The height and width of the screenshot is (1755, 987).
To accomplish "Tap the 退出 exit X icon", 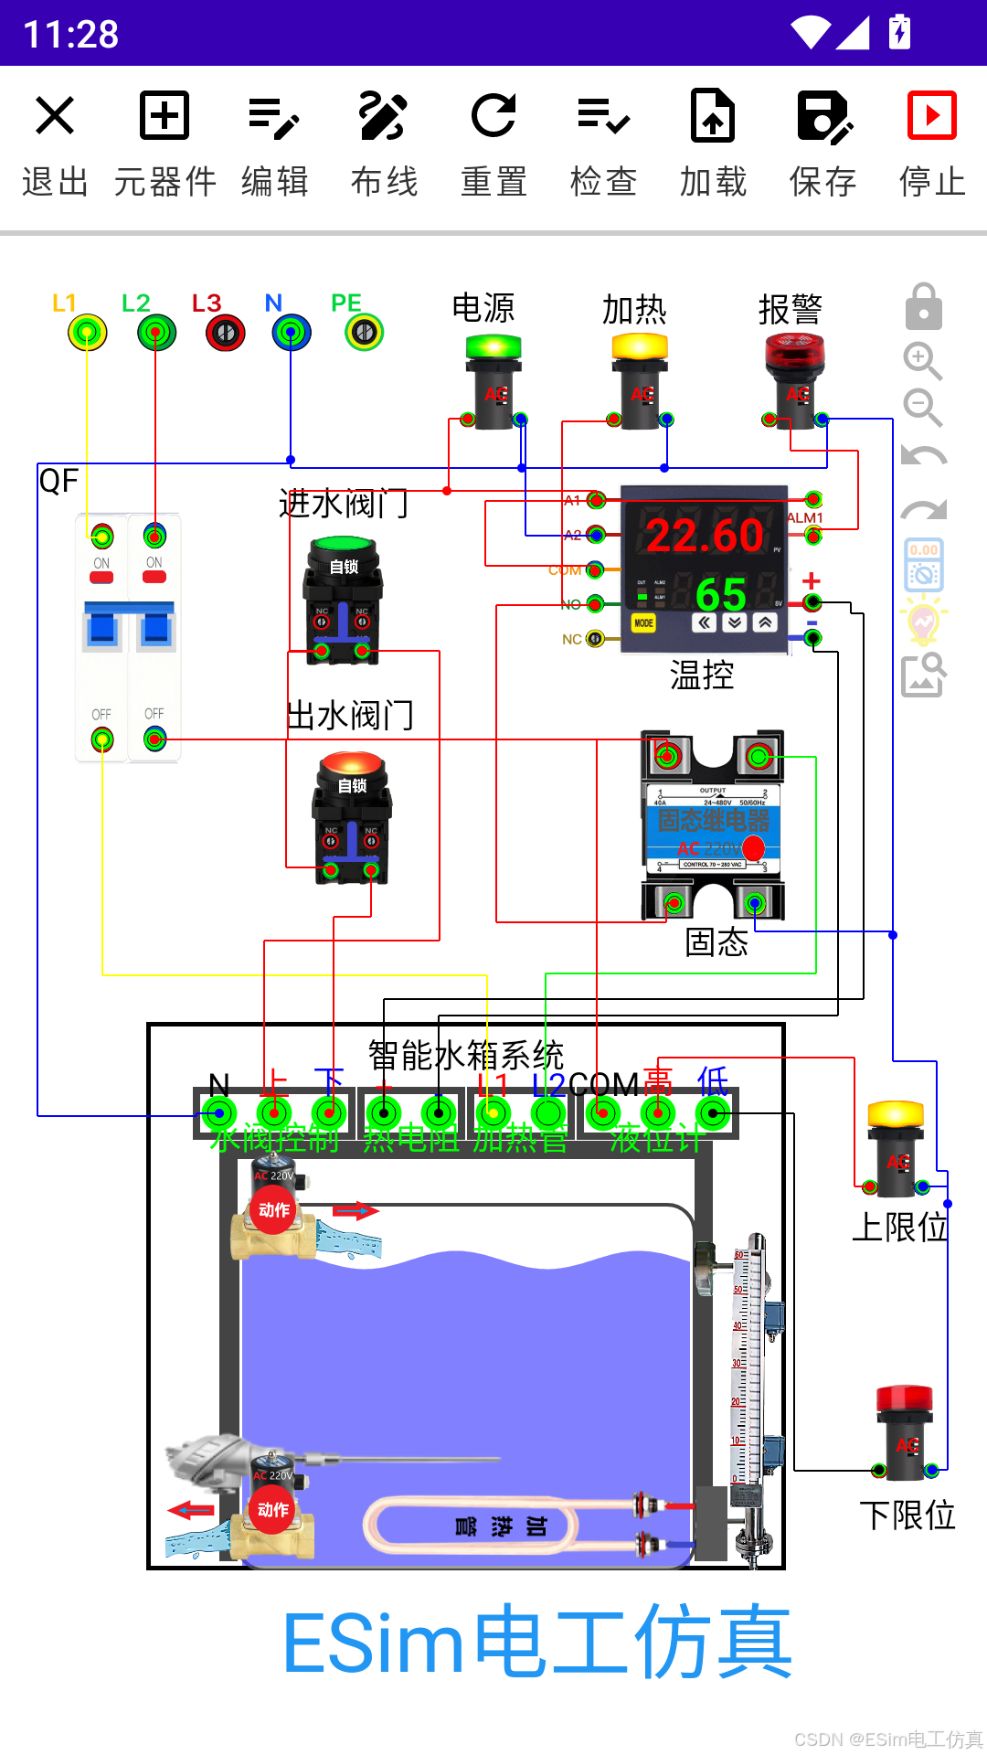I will point(55,116).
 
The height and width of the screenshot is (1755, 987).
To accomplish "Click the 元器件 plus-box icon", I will point(164,116).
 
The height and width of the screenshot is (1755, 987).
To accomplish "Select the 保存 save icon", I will point(823,116).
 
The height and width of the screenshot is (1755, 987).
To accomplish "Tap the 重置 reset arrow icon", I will point(493,116).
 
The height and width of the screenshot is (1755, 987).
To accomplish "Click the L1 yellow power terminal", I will point(87,333).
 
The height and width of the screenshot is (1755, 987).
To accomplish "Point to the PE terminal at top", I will point(364,333).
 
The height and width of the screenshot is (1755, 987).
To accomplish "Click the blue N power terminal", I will point(292,333).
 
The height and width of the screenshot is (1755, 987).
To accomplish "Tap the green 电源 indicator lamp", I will point(493,348).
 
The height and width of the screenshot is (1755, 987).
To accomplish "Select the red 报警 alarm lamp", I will point(794,352).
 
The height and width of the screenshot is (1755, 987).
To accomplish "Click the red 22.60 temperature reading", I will point(705,536).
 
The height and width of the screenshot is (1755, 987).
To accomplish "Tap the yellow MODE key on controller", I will point(643,623).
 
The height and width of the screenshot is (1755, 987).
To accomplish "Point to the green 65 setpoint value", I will point(721,595).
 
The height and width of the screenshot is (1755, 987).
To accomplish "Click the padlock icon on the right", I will point(923,307).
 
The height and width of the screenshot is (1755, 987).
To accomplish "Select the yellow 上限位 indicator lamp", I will point(896,1115).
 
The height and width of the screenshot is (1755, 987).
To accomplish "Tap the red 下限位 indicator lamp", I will point(905,1399).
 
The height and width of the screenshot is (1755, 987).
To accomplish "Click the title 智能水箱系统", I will point(466,1056).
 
